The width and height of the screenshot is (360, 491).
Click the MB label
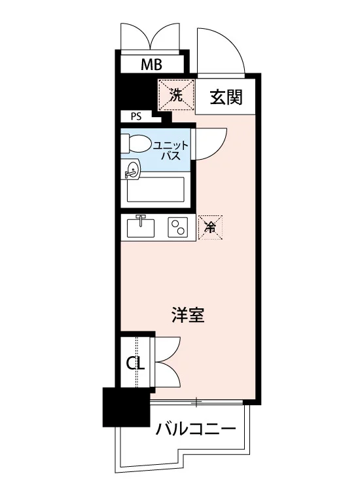pyautogui.click(x=151, y=65)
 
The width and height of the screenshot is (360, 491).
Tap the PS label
pyautogui.click(x=136, y=117)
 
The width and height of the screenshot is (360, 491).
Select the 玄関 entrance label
pyautogui.click(x=226, y=97)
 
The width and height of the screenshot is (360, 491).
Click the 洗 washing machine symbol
pyautogui.click(x=176, y=95)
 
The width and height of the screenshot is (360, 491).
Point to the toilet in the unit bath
pyautogui.click(x=134, y=143)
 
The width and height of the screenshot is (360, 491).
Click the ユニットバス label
pyautogui.click(x=171, y=151)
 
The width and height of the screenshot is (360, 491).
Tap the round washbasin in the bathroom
pyautogui.click(x=132, y=170)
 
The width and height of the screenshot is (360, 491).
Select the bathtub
pyautogui.click(x=156, y=189)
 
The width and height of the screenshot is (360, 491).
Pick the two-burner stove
pyautogui.click(x=178, y=227)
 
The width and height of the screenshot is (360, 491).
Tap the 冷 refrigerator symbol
pyautogui.click(x=210, y=227)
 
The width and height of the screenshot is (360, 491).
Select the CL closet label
pyautogui.click(x=135, y=363)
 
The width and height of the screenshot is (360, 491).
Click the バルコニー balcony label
pyautogui.click(x=196, y=429)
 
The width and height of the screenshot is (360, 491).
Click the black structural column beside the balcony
pyautogui.click(x=126, y=407)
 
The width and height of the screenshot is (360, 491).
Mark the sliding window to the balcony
pyautogui.click(x=196, y=401)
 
